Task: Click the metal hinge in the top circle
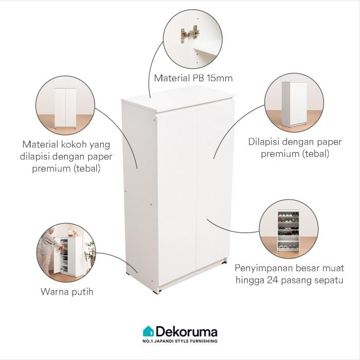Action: (189, 34)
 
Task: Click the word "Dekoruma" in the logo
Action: (187, 332)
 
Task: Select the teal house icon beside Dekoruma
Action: (148, 331)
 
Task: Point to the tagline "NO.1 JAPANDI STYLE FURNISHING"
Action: (180, 341)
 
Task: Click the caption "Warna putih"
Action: (67, 292)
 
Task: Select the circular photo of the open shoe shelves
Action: (289, 229)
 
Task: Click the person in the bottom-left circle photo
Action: (48, 249)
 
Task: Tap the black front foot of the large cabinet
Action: (157, 292)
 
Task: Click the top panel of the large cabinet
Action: (178, 98)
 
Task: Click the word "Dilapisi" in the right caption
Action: (263, 141)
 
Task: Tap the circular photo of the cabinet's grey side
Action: (294, 103)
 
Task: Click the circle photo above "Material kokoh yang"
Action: (65, 105)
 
